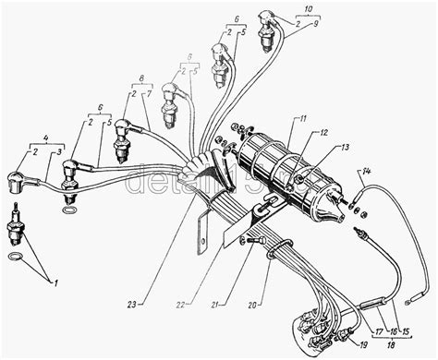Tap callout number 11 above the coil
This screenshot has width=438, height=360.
point(302,121)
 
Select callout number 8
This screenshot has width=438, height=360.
point(141,78)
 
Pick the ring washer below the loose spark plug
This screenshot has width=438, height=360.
point(15,255)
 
